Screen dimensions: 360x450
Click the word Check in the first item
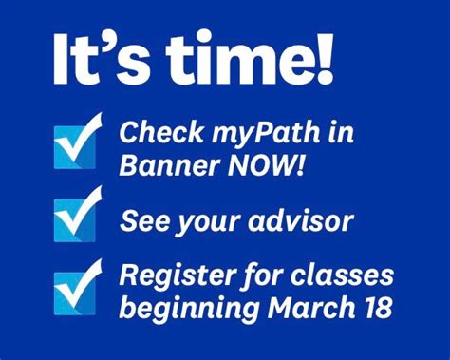coord(157,133)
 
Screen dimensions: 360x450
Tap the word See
coord(143,222)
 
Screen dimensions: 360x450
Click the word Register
coord(172,276)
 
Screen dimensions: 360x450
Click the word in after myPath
coord(339,134)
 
